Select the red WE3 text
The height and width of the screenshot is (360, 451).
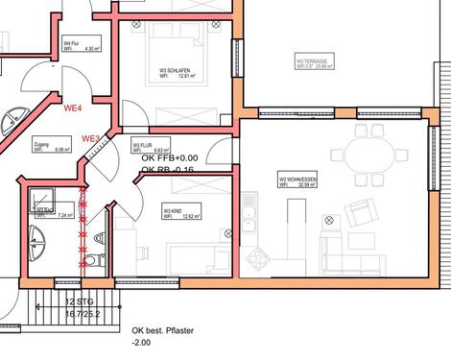[x=92, y=139]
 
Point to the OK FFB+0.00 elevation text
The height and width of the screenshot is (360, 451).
[x=170, y=157]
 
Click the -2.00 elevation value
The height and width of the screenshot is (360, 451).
[x=144, y=343]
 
